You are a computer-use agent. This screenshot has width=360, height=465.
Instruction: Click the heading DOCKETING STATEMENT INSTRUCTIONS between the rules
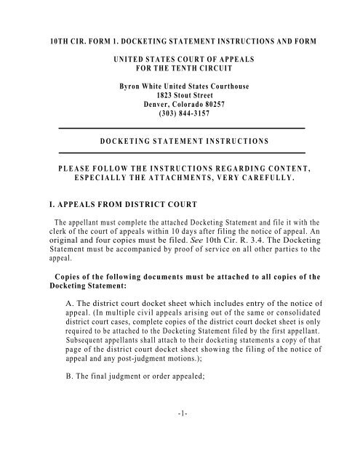coord(180,139)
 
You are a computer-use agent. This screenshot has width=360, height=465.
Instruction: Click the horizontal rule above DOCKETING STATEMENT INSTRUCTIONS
coord(180,128)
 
